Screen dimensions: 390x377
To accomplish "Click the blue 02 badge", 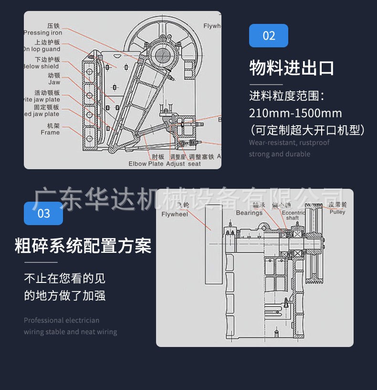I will tap(268, 36).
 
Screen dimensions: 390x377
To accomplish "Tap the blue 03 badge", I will tap(43, 213).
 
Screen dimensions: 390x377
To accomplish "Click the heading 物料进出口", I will tap(292, 68).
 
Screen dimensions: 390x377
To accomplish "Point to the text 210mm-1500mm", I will tap(295, 113).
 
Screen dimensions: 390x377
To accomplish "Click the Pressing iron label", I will tap(43, 33).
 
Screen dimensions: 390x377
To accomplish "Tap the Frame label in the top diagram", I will tap(50, 132).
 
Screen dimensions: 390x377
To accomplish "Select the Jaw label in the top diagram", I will tap(54, 83).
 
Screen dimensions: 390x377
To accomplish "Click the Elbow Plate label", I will tap(146, 164).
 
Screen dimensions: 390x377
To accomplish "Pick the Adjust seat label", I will tap(183, 164).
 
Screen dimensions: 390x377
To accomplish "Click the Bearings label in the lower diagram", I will tap(249, 213).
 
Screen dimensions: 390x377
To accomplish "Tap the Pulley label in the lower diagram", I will tap(337, 212).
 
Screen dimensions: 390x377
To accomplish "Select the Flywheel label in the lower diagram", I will tap(175, 214).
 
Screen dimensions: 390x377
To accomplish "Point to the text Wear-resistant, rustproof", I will tap(289, 142).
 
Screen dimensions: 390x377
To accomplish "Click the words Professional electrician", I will tap(62, 320).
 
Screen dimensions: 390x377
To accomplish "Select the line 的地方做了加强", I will tap(65, 296).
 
